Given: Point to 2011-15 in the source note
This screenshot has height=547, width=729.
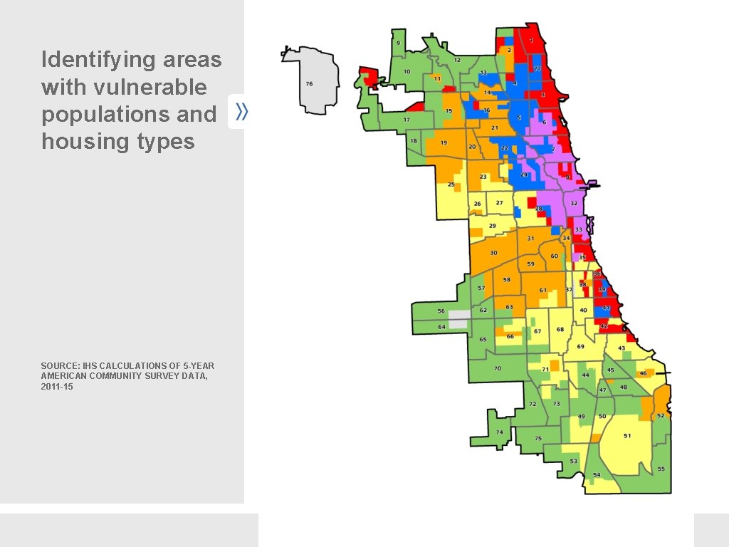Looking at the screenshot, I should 57,386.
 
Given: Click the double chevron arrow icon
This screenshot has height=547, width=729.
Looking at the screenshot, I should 241,111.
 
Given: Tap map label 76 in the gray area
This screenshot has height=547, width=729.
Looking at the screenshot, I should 309,83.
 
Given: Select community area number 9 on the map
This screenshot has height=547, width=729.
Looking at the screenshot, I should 398,43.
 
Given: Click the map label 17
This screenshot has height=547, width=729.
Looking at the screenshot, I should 407,120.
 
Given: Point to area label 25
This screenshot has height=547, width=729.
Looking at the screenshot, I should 451,184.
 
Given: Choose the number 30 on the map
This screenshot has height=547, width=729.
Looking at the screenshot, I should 493,253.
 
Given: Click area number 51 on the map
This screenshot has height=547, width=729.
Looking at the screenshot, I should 627,436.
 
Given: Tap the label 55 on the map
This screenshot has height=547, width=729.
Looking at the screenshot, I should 661,469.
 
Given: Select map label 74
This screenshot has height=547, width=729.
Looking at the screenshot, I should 499,432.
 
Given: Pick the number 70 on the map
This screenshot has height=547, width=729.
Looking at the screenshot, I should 498,368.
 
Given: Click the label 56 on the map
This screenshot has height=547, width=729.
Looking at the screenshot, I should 441,311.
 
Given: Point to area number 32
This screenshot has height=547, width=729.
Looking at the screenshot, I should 574,203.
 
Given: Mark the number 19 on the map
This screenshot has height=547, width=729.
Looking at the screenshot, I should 444,142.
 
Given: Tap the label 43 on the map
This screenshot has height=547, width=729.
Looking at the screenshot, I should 622,348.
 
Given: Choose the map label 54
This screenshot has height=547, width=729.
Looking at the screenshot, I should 597,475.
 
